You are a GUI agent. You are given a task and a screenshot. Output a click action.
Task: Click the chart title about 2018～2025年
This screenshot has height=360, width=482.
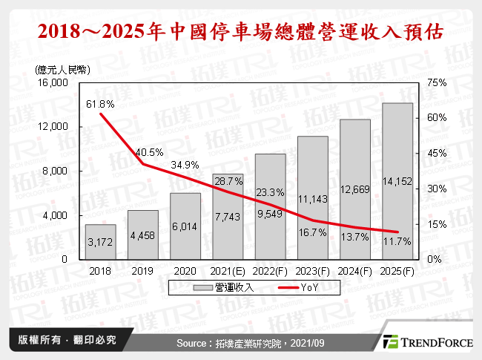click(x=241, y=32)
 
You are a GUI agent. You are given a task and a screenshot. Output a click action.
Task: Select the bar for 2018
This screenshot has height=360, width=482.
click(x=101, y=242)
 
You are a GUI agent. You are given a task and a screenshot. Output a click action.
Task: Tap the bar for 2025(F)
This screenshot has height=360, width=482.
click(x=397, y=181)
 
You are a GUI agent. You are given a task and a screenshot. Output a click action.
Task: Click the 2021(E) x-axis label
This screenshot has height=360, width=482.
click(x=228, y=271)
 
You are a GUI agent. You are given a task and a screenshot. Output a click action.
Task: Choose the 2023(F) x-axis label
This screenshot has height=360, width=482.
click(x=312, y=271)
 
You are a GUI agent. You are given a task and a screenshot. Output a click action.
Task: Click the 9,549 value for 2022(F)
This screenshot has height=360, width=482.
click(x=270, y=215)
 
